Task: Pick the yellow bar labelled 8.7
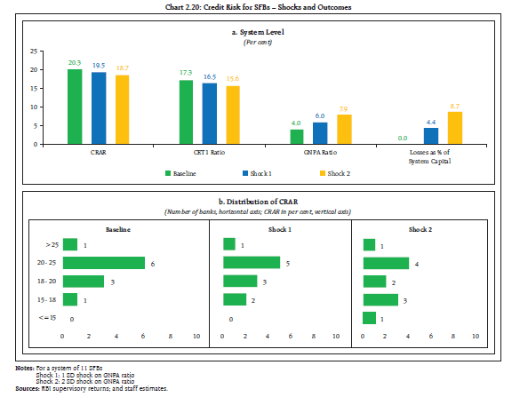pyautogui.click(x=455, y=128)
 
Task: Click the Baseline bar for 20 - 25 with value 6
pyautogui.click(x=104, y=263)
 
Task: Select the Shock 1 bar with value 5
pyautogui.click(x=252, y=263)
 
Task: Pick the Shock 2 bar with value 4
pyautogui.click(x=386, y=263)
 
